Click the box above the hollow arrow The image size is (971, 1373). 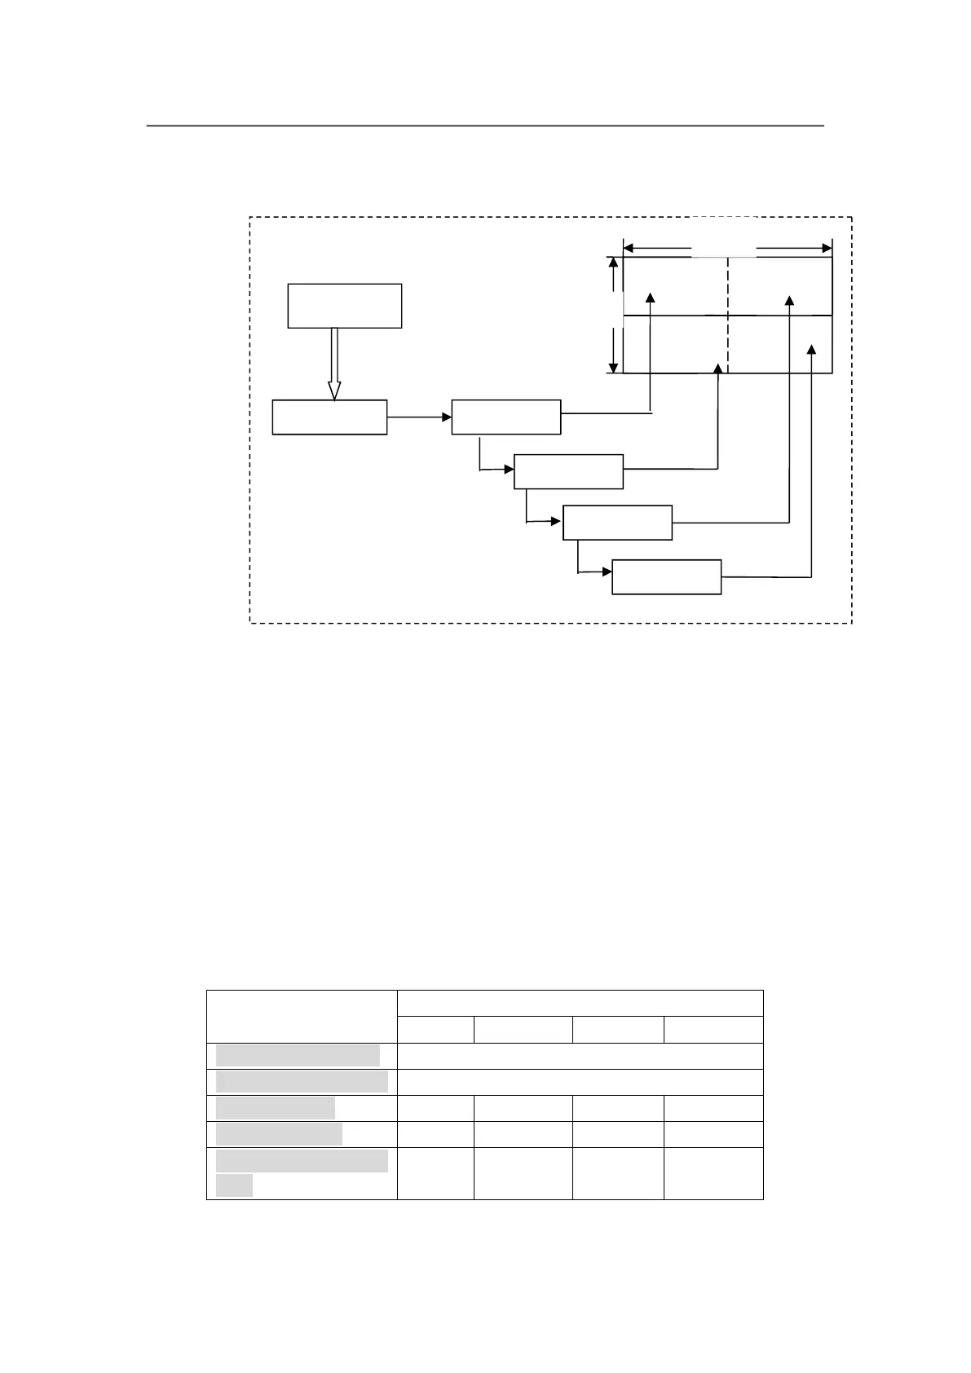tap(344, 306)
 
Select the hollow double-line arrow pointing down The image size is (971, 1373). tap(333, 364)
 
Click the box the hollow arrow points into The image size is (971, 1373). tap(329, 417)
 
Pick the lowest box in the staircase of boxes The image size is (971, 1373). tap(666, 577)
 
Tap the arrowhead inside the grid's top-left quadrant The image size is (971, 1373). tap(651, 298)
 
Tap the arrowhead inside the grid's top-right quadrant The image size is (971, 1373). tap(789, 300)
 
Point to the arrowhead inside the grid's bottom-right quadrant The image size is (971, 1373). tap(810, 350)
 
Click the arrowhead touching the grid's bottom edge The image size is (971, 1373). tap(717, 369)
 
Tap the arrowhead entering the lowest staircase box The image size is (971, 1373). tap(607, 572)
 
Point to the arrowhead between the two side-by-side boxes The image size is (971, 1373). tap(446, 417)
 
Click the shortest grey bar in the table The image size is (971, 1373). tap(234, 1185)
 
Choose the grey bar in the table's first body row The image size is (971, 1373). tap(298, 1055)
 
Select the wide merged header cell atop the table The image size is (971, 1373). tap(580, 1004)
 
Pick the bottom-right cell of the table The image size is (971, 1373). tap(713, 1173)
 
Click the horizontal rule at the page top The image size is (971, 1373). tap(485, 126)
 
